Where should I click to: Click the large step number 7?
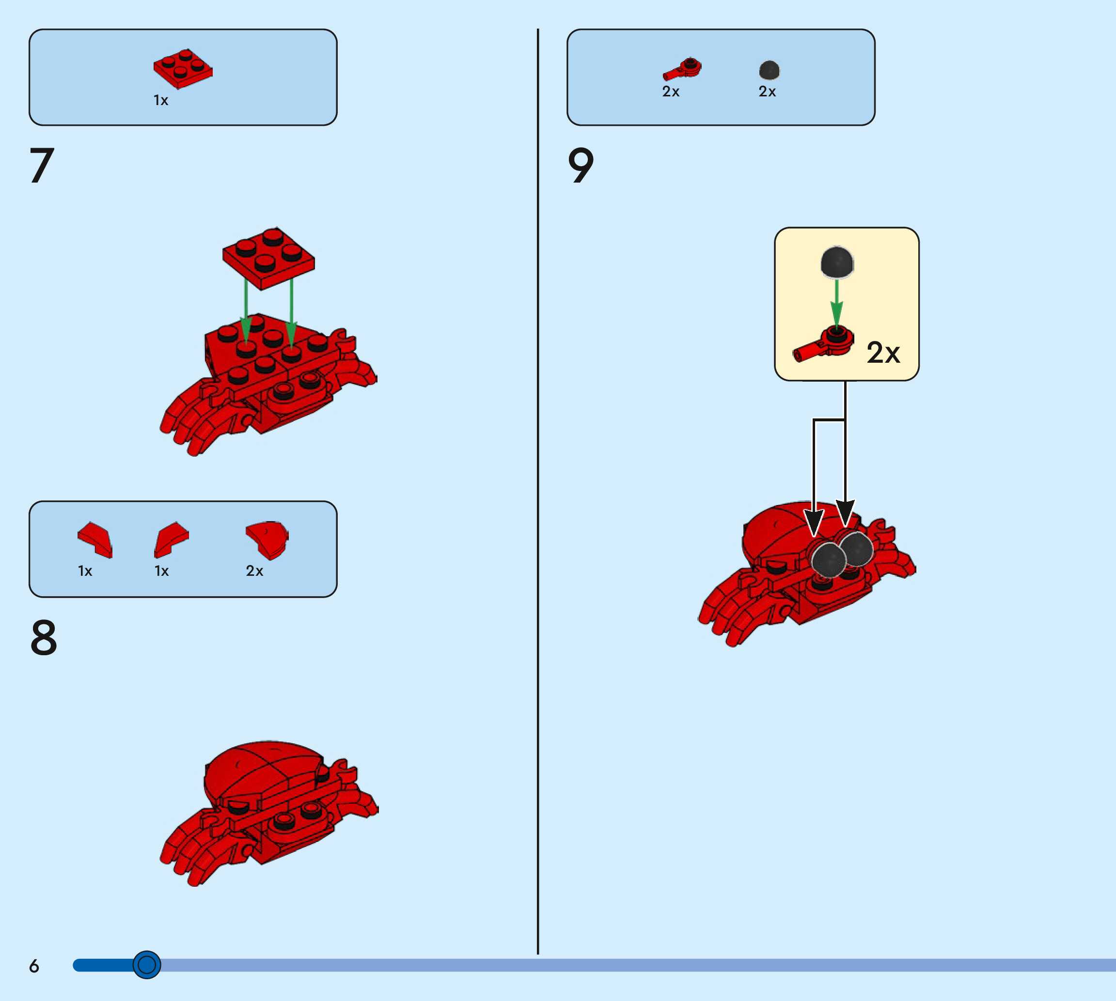(x=42, y=165)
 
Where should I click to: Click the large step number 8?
(x=44, y=637)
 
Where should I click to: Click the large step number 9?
(x=581, y=165)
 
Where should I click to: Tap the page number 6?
(x=34, y=966)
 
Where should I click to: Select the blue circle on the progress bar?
(x=146, y=965)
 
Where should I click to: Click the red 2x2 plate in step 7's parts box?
(x=183, y=68)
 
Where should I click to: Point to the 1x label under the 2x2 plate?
(x=161, y=100)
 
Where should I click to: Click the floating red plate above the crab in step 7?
(x=268, y=258)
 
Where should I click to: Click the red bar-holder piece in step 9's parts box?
(x=682, y=70)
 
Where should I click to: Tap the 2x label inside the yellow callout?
(x=883, y=353)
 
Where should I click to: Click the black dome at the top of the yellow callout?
(x=836, y=262)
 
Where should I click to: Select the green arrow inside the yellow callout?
(x=836, y=303)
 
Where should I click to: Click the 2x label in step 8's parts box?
(x=254, y=571)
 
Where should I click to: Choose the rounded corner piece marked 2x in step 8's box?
(x=267, y=539)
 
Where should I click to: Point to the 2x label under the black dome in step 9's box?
(x=767, y=92)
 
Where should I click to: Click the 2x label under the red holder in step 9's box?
(x=671, y=92)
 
